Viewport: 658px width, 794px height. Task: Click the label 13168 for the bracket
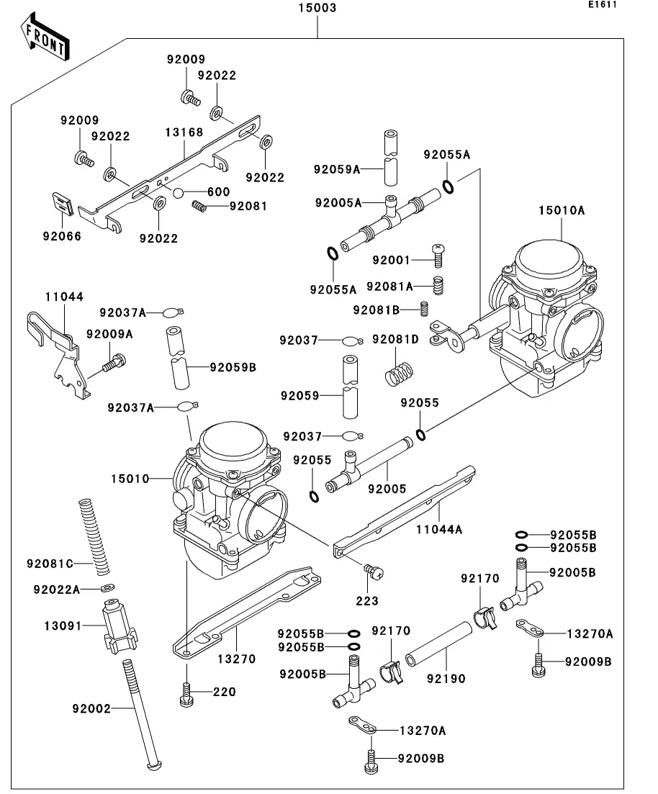tap(184, 132)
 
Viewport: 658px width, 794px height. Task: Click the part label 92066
tap(62, 236)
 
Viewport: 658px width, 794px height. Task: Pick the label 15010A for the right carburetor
tap(562, 211)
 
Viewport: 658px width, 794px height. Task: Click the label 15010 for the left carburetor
tap(130, 478)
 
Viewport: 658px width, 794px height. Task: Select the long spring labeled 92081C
tap(94, 533)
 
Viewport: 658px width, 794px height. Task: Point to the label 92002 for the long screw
tap(91, 708)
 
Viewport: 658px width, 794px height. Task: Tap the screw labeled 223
tap(374, 572)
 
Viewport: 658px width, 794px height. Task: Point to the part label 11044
tap(64, 297)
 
